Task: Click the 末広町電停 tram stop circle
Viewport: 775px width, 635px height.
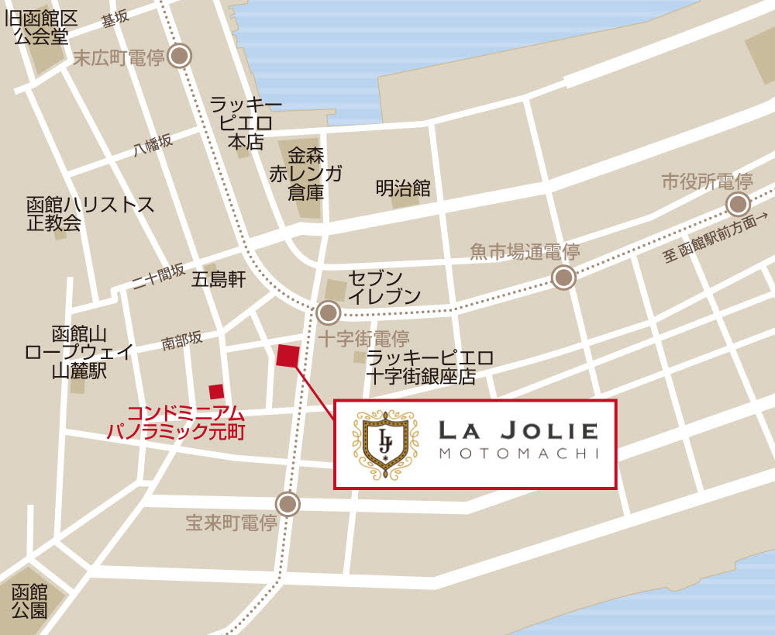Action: (x=181, y=56)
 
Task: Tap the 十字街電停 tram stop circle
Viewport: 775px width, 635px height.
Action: (x=328, y=313)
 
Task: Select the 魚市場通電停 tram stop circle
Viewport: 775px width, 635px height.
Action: (x=563, y=278)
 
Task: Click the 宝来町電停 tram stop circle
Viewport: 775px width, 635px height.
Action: (x=288, y=505)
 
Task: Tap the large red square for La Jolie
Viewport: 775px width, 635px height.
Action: (x=288, y=355)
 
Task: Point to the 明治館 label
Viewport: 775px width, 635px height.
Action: (x=402, y=188)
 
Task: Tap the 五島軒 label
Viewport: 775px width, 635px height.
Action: (x=219, y=279)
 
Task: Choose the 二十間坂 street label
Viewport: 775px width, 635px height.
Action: (x=158, y=277)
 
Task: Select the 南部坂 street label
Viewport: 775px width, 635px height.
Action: (x=182, y=340)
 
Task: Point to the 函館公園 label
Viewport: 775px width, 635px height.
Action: (x=30, y=601)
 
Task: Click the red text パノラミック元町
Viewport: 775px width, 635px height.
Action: (x=176, y=432)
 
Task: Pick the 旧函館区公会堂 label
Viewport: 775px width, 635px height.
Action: (x=42, y=26)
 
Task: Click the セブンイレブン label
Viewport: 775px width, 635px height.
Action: (x=384, y=286)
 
